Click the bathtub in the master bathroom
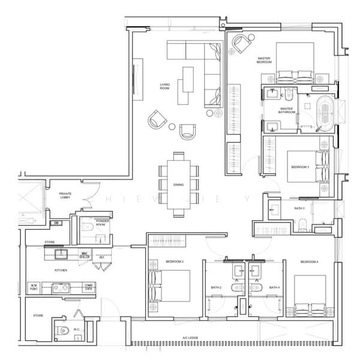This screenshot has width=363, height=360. (x=324, y=112)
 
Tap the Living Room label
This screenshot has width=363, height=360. (x=165, y=86)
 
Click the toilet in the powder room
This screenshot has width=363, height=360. (x=86, y=227)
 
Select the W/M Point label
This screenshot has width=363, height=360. (x=34, y=287)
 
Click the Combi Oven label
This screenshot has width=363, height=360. (x=88, y=287)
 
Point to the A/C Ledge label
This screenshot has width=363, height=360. (x=190, y=338)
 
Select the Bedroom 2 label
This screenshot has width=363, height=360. (x=175, y=262)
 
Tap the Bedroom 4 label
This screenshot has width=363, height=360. (x=308, y=262)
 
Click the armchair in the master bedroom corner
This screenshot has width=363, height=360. (x=242, y=44)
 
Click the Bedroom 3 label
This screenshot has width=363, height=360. (x=299, y=166)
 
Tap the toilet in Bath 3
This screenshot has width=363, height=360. (x=304, y=226)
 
